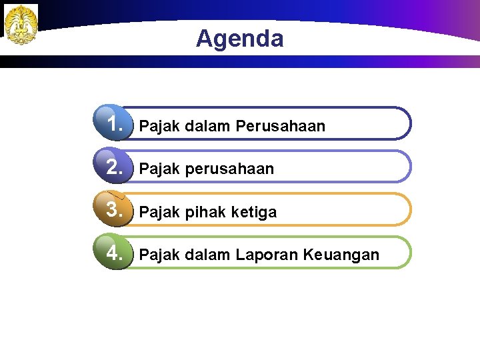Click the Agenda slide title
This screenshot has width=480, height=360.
click(x=239, y=39)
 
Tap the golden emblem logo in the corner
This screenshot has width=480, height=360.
click(x=21, y=25)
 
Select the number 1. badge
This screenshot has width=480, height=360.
click(x=115, y=124)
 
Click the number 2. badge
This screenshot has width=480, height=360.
click(x=115, y=167)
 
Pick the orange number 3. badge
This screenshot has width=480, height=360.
click(x=115, y=209)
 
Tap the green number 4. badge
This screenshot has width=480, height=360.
click(x=115, y=253)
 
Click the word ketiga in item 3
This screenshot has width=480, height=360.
click(x=254, y=212)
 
